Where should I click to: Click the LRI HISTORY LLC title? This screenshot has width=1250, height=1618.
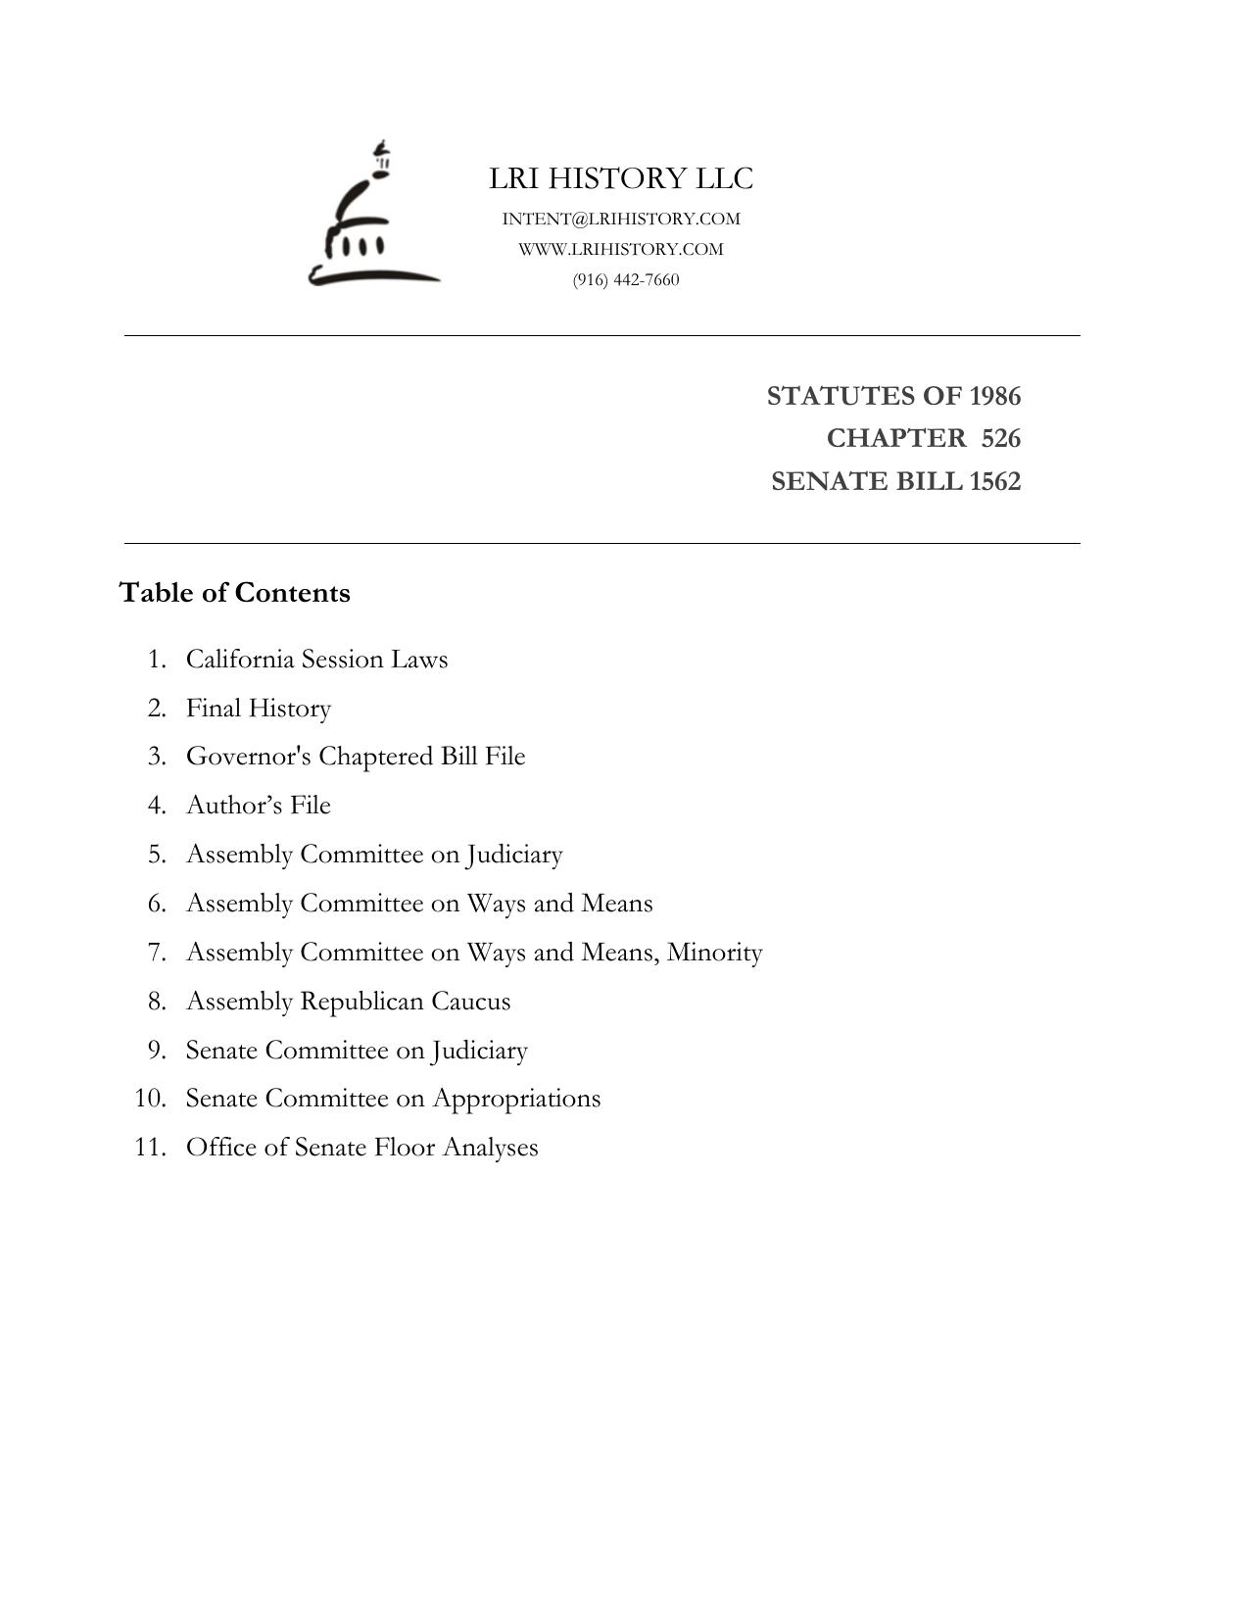tap(621, 178)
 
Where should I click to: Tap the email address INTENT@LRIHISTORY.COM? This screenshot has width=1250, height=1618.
tap(621, 219)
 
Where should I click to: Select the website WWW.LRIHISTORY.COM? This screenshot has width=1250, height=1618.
tap(621, 249)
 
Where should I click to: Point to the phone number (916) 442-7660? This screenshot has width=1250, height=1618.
tap(626, 279)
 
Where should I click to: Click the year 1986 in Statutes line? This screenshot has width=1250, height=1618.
tap(994, 396)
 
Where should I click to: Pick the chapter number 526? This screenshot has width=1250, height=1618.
tap(1000, 438)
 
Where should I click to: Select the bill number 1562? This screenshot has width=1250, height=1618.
tap(994, 481)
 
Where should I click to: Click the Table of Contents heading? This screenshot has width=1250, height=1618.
tap(234, 593)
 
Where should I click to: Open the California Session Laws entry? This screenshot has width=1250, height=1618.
tap(316, 659)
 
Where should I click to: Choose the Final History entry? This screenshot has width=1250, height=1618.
tap(259, 708)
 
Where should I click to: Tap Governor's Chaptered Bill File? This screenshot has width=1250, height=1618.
tap(356, 757)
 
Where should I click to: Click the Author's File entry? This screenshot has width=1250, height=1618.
tap(259, 805)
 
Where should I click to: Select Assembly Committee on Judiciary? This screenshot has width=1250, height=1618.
tap(374, 854)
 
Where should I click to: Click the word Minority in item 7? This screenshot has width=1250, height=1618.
tap(714, 952)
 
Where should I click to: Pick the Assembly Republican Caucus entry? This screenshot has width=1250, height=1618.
tap(348, 1001)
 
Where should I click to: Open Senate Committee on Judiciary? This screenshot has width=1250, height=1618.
tap(357, 1050)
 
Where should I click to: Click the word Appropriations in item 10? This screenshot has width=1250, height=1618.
tap(516, 1099)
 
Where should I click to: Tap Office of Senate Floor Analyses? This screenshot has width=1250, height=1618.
tap(361, 1147)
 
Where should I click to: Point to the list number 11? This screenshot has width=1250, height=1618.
tap(149, 1147)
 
